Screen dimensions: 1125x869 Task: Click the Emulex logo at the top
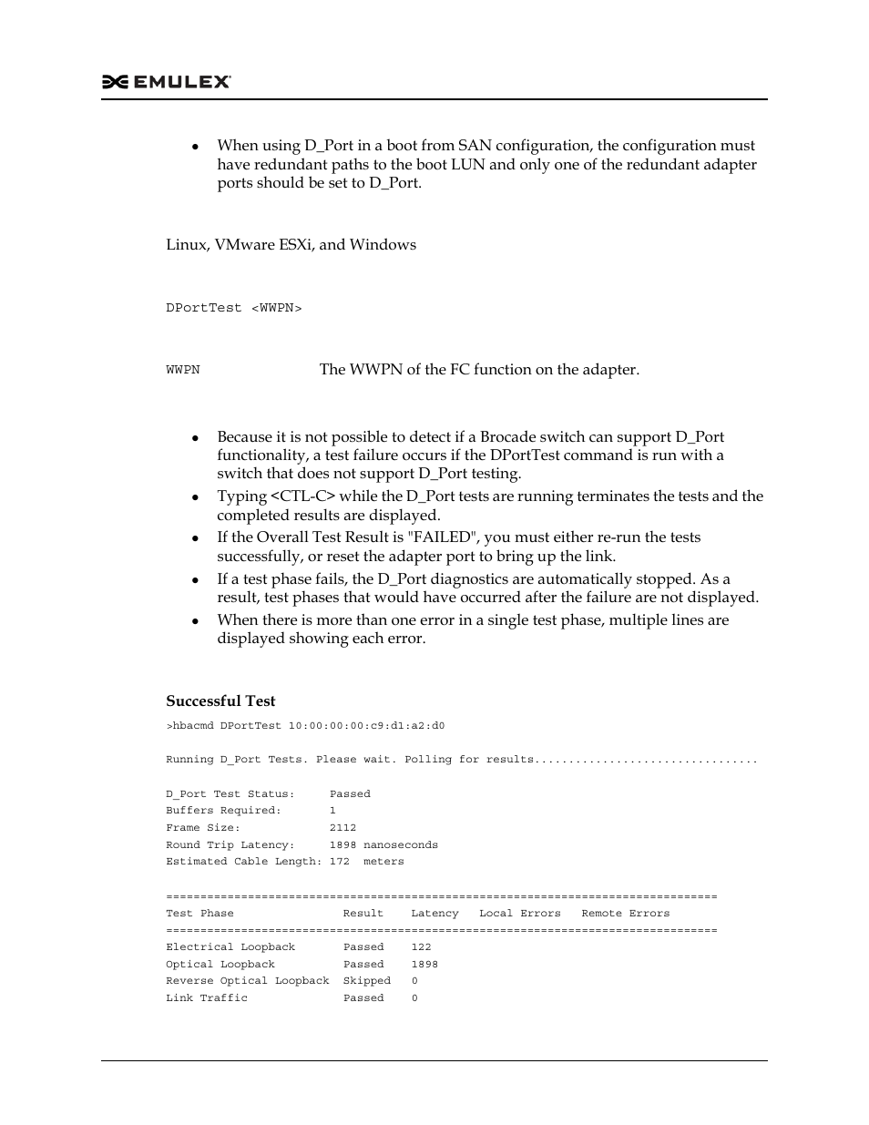pyautogui.click(x=167, y=82)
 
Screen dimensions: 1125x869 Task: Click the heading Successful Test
pyautogui.click(x=220, y=701)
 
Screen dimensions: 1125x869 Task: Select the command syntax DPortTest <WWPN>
pyautogui.click(x=233, y=309)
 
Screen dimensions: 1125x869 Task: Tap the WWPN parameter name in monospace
pyautogui.click(x=182, y=370)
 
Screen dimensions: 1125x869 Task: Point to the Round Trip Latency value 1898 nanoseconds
pyautogui.click(x=383, y=845)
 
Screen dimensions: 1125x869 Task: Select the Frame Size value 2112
pyautogui.click(x=342, y=828)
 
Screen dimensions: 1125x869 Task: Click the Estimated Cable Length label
pyautogui.click(x=243, y=862)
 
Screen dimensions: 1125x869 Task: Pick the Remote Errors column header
pyautogui.click(x=625, y=914)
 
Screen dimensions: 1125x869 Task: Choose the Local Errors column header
pyautogui.click(x=519, y=914)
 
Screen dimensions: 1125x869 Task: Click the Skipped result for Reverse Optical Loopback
pyautogui.click(x=366, y=981)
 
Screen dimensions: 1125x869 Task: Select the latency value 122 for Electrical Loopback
pyautogui.click(x=421, y=947)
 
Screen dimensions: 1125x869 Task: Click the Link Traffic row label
pyautogui.click(x=207, y=998)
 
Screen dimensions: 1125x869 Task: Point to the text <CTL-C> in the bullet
pyautogui.click(x=303, y=496)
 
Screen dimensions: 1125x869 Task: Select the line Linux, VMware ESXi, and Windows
pyautogui.click(x=291, y=244)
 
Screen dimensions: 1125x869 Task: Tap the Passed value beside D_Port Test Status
pyautogui.click(x=350, y=794)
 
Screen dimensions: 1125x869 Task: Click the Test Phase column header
pyautogui.click(x=199, y=914)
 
